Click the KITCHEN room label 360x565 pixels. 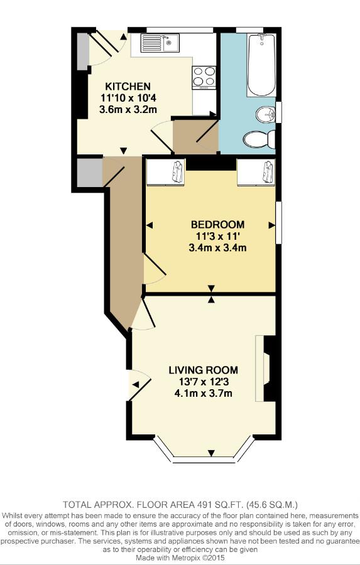(x=128, y=87)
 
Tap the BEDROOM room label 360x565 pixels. (x=217, y=225)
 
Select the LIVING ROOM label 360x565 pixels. (x=204, y=370)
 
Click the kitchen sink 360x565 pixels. (x=160, y=43)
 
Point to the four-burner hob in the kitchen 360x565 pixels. (x=204, y=77)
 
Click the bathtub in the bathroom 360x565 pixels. (x=261, y=65)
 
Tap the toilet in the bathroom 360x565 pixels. (x=259, y=139)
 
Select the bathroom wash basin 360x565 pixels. (x=266, y=115)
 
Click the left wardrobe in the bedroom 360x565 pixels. (x=166, y=172)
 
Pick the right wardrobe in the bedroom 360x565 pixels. (x=256, y=172)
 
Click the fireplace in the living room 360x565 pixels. (x=265, y=369)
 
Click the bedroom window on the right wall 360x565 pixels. (x=278, y=222)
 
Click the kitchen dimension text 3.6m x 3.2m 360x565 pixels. (x=128, y=109)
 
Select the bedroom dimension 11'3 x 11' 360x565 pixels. (x=217, y=237)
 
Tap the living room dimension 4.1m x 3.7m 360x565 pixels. (x=204, y=393)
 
